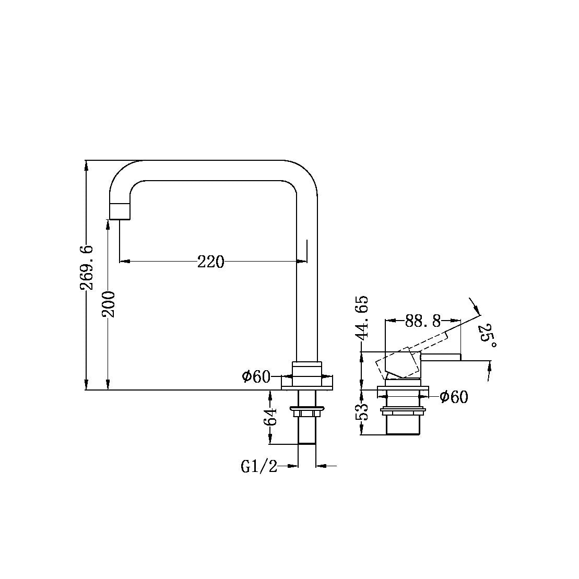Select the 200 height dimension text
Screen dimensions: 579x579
(x=109, y=304)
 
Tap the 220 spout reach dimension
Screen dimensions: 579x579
(x=210, y=261)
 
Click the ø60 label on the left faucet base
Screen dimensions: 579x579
(x=255, y=376)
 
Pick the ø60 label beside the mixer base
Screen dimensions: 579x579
(x=454, y=397)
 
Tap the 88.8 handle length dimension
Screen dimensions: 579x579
(x=423, y=321)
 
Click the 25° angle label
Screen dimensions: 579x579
(x=487, y=336)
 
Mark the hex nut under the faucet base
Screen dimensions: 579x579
(x=307, y=413)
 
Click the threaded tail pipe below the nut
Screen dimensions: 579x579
(x=307, y=431)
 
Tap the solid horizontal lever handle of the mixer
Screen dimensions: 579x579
(x=441, y=357)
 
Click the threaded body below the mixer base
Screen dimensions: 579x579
(x=403, y=423)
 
